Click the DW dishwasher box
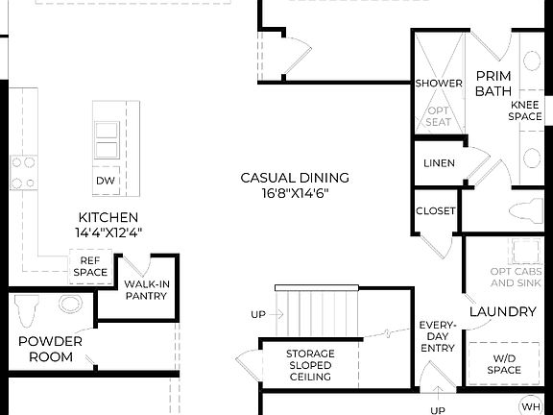coord(106,180)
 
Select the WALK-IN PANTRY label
coord(146,289)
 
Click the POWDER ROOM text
coord(49,349)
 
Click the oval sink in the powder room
coord(70,305)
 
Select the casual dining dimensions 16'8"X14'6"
coord(294,193)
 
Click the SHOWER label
coord(439,84)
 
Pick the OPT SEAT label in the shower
coord(439,116)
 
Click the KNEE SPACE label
coord(525,110)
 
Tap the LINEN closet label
coord(439,163)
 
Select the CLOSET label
coord(435,211)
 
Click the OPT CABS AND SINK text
coord(515,277)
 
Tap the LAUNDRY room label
coord(502,312)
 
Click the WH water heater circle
coord(531,404)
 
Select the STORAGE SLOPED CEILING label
coord(309,365)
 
